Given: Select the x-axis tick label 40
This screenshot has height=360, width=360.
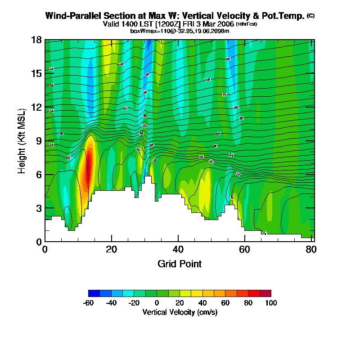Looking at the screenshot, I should point(178,249).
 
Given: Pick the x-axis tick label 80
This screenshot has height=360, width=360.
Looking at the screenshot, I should point(311,249).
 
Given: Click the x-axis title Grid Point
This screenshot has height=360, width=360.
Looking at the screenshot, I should point(180,264).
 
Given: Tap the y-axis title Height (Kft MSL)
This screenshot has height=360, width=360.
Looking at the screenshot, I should point(22,141).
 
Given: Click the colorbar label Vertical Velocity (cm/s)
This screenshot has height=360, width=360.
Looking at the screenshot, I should point(180,312).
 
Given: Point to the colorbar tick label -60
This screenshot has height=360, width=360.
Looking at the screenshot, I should point(88,303).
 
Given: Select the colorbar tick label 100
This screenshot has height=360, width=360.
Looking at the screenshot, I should point(271,303).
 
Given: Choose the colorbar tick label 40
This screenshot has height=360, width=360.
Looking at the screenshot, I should point(202,303).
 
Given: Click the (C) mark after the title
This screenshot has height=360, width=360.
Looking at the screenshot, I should point(310,16).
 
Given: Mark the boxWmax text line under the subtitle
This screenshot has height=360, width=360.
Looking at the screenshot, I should point(180,31).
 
